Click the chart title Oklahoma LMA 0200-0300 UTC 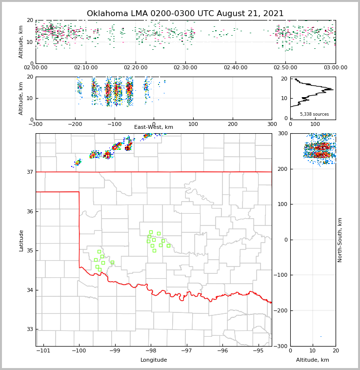185,14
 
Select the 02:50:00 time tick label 285,68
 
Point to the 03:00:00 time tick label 336,68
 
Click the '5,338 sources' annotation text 314,114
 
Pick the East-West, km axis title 154,127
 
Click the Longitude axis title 154,360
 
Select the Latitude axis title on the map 21,240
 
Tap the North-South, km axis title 340,240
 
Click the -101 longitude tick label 43,351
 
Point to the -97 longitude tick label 187,351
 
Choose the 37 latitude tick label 29,172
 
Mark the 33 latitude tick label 29,329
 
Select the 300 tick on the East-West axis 272,124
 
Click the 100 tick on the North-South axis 282,204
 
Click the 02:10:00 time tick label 85,68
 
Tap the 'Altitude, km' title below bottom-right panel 313,360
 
